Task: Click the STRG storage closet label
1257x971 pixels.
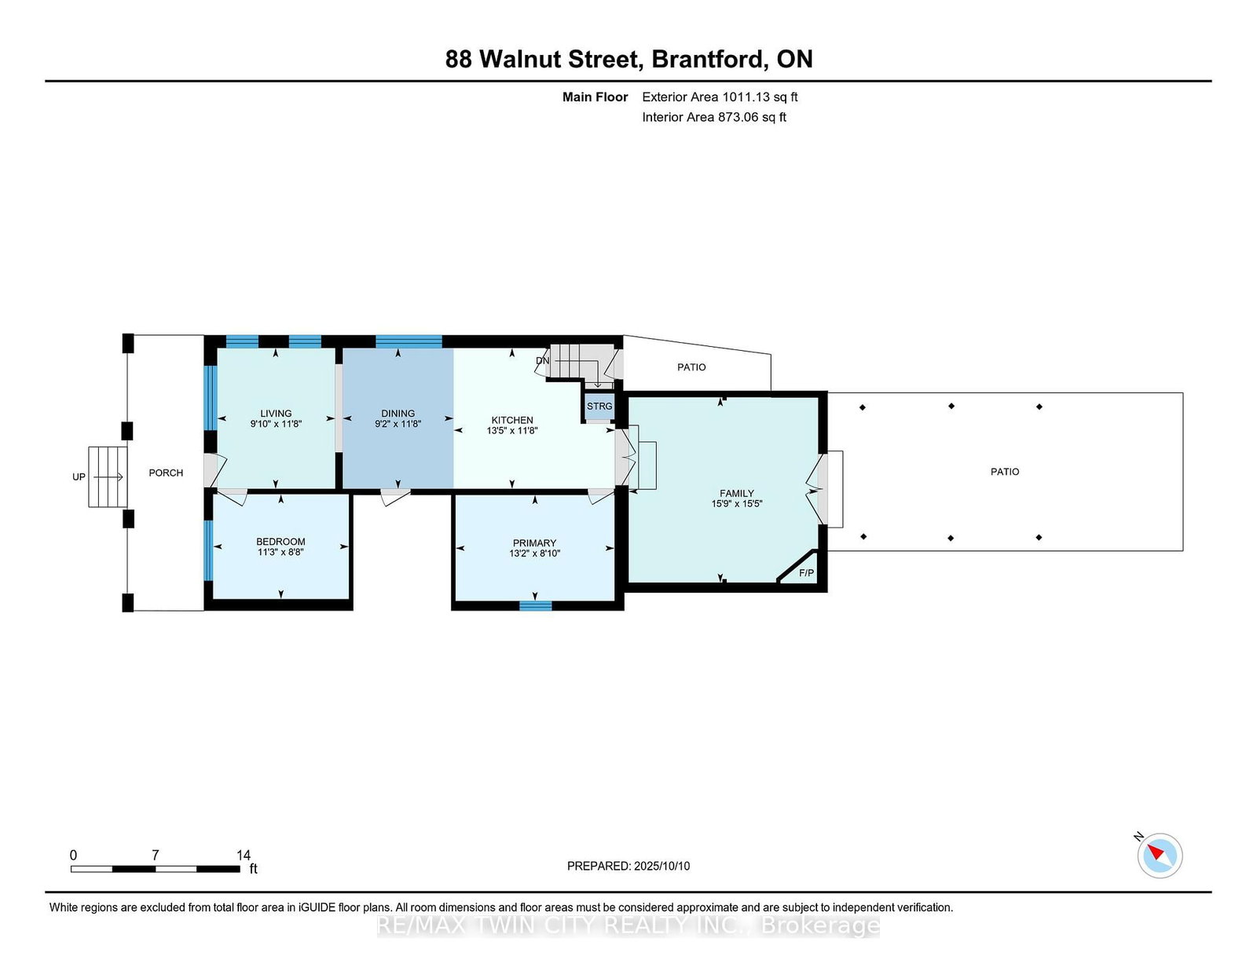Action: pos(599,406)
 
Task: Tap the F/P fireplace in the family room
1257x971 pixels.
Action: pos(806,573)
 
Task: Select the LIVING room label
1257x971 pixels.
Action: pos(276,413)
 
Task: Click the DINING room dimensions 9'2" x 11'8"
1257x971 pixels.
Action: pos(398,424)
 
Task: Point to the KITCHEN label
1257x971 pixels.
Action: pos(512,420)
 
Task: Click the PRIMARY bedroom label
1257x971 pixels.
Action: pos(534,542)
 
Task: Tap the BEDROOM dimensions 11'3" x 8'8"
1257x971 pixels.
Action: pos(280,552)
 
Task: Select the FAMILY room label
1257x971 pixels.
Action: pos(736,493)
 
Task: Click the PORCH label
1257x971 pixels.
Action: pos(166,473)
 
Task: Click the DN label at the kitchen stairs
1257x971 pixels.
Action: pos(542,360)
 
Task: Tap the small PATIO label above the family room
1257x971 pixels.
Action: pos(691,367)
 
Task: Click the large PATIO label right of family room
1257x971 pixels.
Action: pos(1004,471)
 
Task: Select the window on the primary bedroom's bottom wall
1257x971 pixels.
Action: pos(535,605)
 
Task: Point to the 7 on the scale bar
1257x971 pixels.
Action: pos(156,855)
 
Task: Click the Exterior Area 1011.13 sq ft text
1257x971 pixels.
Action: pos(720,97)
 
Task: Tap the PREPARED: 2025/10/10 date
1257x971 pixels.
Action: pos(628,866)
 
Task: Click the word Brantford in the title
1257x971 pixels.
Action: pos(709,59)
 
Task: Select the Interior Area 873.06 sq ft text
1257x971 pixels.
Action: pos(714,117)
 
